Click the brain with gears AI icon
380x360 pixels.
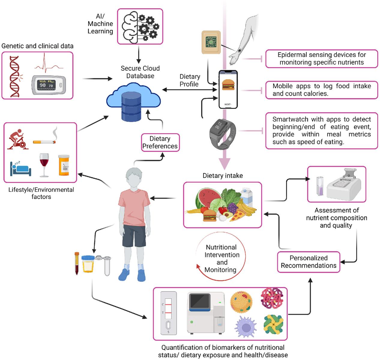(140, 26)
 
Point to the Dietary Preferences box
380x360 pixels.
(160, 142)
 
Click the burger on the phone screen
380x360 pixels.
(228, 85)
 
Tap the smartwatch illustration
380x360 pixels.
(222, 133)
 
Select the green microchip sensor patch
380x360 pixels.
(211, 42)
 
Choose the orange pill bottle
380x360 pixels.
(64, 165)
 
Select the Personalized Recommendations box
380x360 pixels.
(308, 262)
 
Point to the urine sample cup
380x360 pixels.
(88, 264)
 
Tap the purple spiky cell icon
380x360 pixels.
(245, 326)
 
